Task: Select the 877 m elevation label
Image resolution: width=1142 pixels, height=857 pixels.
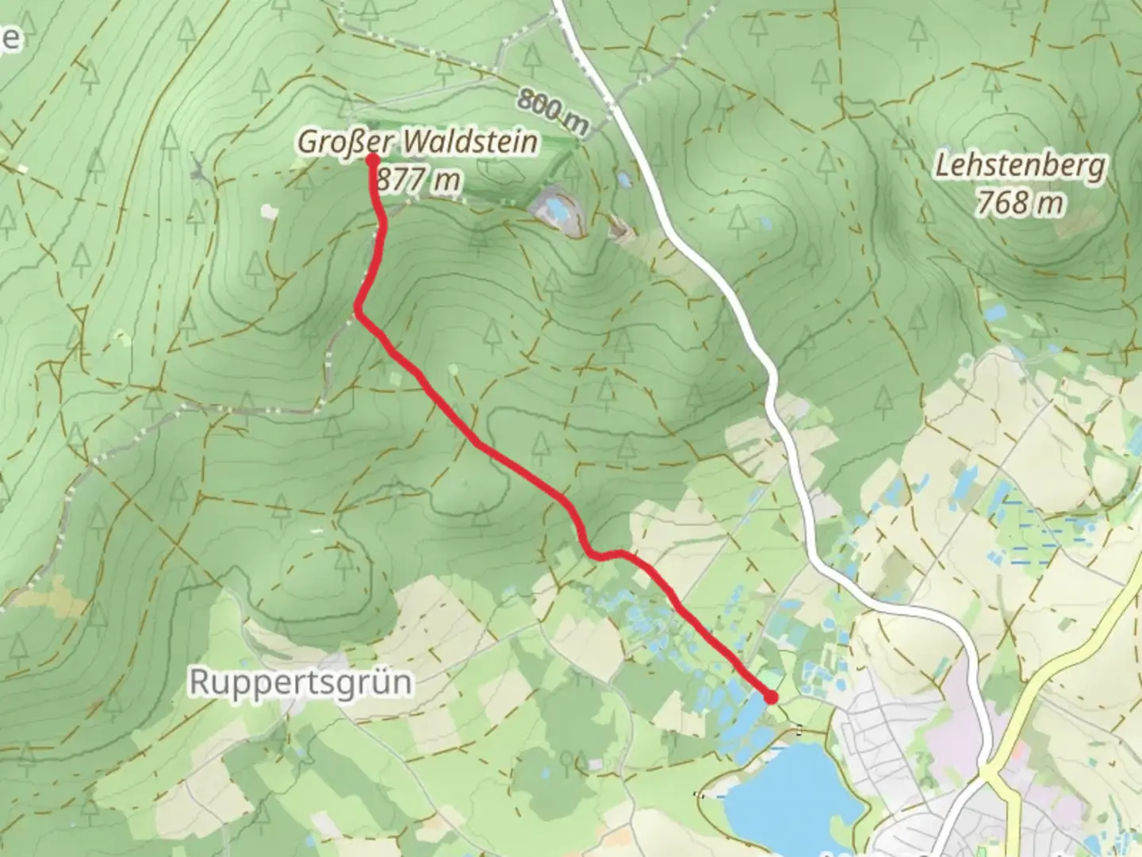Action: (x=419, y=180)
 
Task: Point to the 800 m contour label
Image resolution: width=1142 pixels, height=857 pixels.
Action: (x=554, y=110)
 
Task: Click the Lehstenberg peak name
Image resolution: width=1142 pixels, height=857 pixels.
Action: (x=1019, y=167)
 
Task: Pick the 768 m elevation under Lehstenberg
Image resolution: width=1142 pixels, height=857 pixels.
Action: (x=1019, y=204)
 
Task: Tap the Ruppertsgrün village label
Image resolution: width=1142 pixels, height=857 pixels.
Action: (x=301, y=682)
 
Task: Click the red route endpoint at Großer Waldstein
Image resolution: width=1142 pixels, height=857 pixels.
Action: (x=372, y=159)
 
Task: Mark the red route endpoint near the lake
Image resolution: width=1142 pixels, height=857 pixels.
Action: (x=771, y=698)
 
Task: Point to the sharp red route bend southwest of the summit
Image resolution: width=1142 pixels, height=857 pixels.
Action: (x=358, y=313)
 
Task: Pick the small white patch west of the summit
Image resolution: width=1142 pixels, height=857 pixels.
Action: (x=270, y=211)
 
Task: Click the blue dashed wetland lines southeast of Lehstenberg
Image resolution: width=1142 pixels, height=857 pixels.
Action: (x=1031, y=540)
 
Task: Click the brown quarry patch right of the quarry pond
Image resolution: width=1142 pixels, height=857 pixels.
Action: (x=618, y=230)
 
